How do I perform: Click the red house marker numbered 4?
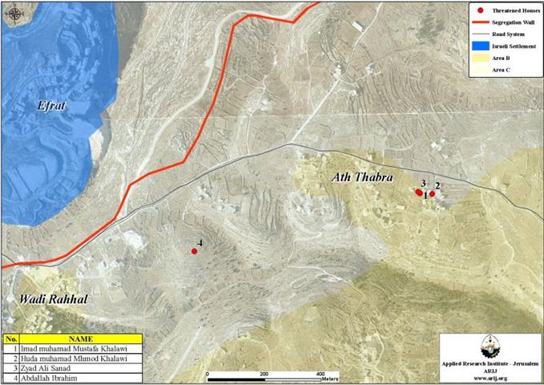click(194, 252)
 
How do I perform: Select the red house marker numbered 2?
click(432, 193)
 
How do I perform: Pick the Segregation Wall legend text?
click(514, 25)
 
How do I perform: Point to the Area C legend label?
click(501, 71)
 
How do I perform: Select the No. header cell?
click(11, 339)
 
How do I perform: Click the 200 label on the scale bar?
click(264, 375)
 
